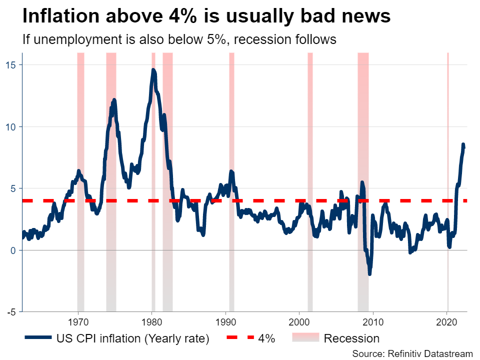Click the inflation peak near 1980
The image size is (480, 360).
click(153, 70)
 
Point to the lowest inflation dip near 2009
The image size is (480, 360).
click(369, 273)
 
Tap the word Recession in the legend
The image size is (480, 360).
click(351, 338)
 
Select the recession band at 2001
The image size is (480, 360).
click(310, 180)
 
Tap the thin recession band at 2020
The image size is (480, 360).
click(447, 180)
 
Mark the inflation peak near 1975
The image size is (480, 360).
click(114, 100)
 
